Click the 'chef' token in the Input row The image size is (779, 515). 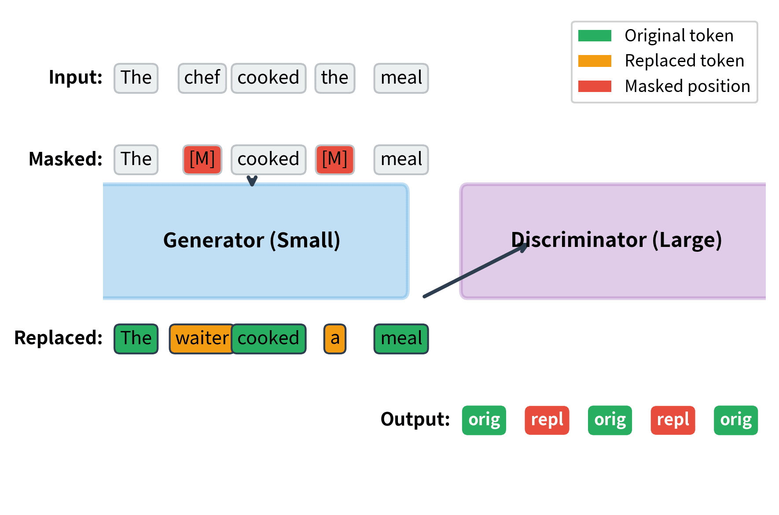pyautogui.click(x=202, y=78)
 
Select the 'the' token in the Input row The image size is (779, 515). pyautogui.click(x=334, y=78)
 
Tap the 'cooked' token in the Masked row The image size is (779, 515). pyautogui.click(x=268, y=159)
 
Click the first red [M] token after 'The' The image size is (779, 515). pyautogui.click(x=202, y=159)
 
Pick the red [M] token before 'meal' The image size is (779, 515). pyautogui.click(x=334, y=159)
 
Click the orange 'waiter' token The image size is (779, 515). pyautogui.click(x=201, y=338)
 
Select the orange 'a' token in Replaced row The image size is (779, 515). pyautogui.click(x=335, y=338)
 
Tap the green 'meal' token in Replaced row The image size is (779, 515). pyautogui.click(x=401, y=338)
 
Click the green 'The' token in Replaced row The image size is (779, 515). pyautogui.click(x=136, y=338)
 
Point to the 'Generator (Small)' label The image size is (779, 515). pyautogui.click(x=252, y=240)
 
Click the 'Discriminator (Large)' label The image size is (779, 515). pyautogui.click(x=616, y=240)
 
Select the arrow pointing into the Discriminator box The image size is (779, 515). pyautogui.click(x=475, y=271)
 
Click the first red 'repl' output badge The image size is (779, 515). pyautogui.click(x=547, y=420)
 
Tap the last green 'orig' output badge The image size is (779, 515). pyautogui.click(x=735, y=420)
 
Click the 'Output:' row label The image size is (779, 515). pyautogui.click(x=415, y=419)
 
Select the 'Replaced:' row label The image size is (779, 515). pyautogui.click(x=58, y=338)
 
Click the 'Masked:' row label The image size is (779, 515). pyautogui.click(x=65, y=159)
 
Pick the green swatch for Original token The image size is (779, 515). pyautogui.click(x=595, y=36)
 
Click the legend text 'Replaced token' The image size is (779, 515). pyautogui.click(x=684, y=61)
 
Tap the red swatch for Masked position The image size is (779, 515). pyautogui.click(x=595, y=86)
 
